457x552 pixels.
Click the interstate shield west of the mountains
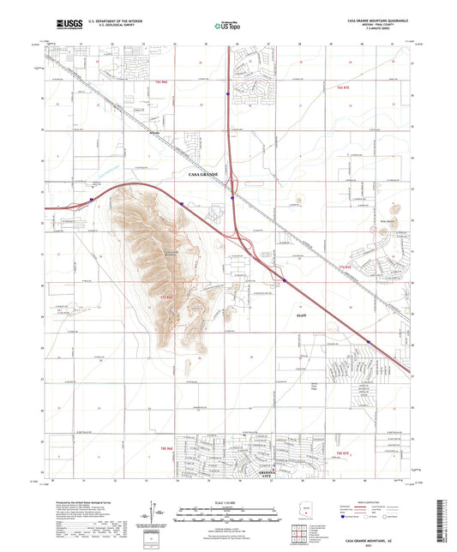pyautogui.click(x=93, y=201)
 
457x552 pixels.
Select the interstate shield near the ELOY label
pyautogui.click(x=284, y=279)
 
